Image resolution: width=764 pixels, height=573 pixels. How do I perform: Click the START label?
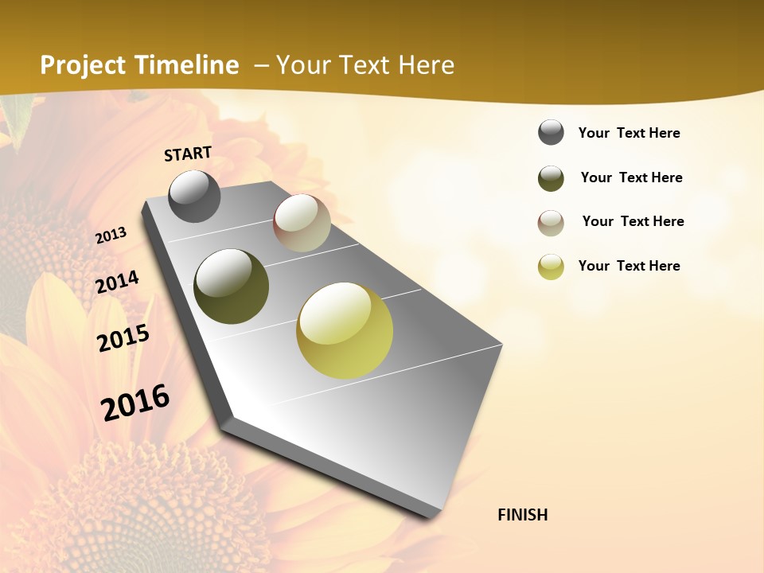pos(188,153)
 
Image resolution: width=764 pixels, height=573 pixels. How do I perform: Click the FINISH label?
pos(523,515)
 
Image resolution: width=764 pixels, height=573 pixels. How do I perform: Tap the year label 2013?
pos(111,236)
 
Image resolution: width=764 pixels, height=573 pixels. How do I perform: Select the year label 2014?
pos(117,283)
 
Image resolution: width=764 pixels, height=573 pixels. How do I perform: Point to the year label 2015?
pos(123,338)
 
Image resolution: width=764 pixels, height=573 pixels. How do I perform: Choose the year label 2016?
pos(135,402)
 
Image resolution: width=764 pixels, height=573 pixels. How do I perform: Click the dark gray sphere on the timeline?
pos(194,196)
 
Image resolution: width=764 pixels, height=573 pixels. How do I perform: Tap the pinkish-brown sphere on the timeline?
pos(302,223)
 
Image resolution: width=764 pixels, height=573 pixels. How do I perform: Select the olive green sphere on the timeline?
pos(231,286)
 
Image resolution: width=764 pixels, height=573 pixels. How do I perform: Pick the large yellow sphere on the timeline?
pos(345,330)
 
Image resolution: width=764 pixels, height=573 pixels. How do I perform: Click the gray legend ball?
pos(551,133)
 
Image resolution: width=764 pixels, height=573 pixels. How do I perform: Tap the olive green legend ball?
pos(551,178)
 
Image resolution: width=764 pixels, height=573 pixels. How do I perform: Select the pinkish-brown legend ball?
pos(551,223)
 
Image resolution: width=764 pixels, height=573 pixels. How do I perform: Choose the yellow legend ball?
pos(551,267)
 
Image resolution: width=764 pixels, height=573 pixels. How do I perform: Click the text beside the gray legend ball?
pos(629,133)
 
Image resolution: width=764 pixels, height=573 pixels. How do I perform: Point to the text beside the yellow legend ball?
pos(629,266)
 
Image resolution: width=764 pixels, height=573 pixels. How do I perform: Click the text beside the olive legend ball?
pos(631,177)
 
